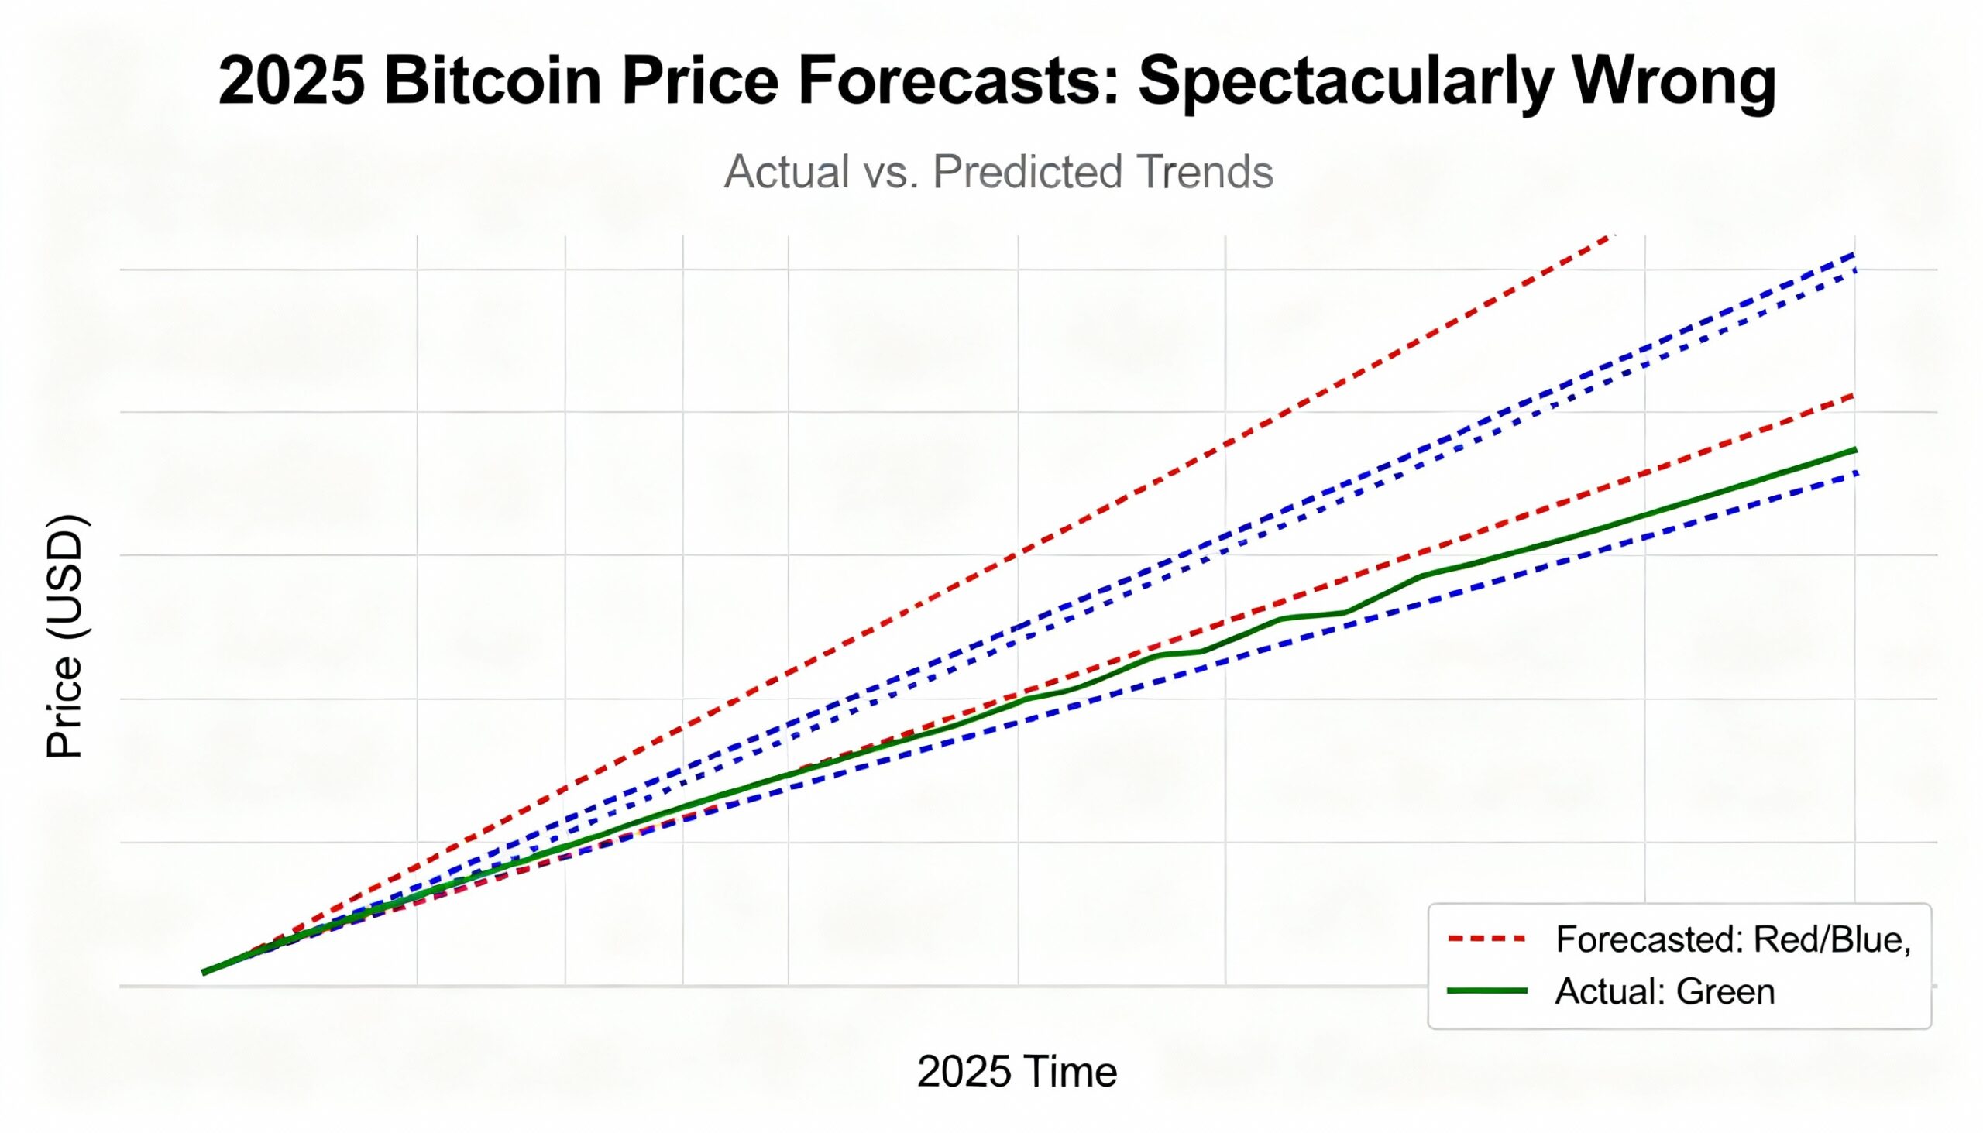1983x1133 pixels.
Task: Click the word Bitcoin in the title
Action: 492,82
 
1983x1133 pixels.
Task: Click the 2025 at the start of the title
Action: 292,82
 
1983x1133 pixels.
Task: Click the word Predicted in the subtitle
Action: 1027,172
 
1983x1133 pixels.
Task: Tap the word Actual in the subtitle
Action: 786,172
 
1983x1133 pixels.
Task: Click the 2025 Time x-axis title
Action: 1016,1072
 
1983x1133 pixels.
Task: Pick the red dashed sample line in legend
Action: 1487,939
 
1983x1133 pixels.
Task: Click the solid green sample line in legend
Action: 1487,991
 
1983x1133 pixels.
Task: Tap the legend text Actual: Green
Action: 1665,991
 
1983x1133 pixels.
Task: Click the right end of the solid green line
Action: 1856,450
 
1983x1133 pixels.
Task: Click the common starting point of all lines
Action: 204,972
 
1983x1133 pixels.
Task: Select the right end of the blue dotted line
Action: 1856,271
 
